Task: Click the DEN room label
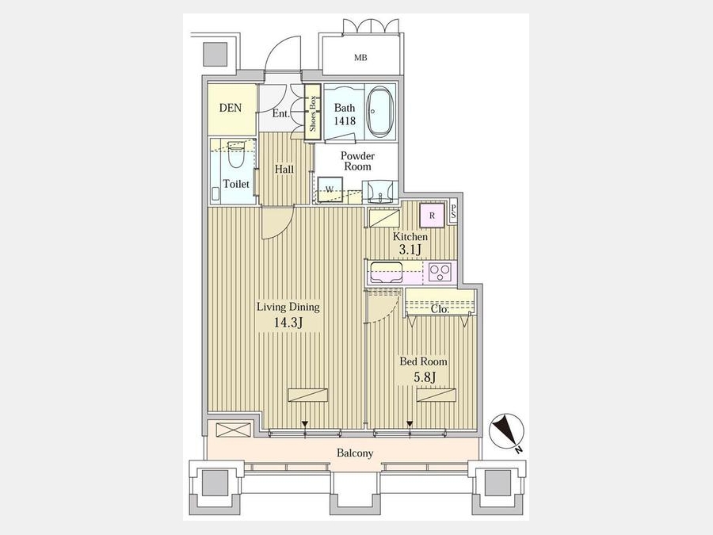click(x=231, y=109)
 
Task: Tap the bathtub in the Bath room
click(x=379, y=111)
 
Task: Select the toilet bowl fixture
click(x=236, y=155)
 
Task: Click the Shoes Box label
click(x=312, y=113)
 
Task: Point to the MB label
click(x=360, y=58)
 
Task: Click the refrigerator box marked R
click(x=432, y=215)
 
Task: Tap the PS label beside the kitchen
click(x=453, y=212)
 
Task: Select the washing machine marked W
click(x=330, y=189)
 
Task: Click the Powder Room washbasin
click(x=379, y=192)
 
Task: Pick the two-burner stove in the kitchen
click(x=440, y=272)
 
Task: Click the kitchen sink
click(x=386, y=273)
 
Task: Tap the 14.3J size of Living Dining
click(x=288, y=323)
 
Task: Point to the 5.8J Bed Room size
click(x=425, y=377)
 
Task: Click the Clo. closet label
click(x=440, y=309)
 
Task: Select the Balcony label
click(x=355, y=453)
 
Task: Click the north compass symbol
click(x=506, y=431)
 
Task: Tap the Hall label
click(x=284, y=170)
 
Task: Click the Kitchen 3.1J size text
click(x=410, y=250)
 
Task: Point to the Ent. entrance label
click(x=281, y=113)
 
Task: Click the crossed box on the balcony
click(x=234, y=430)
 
